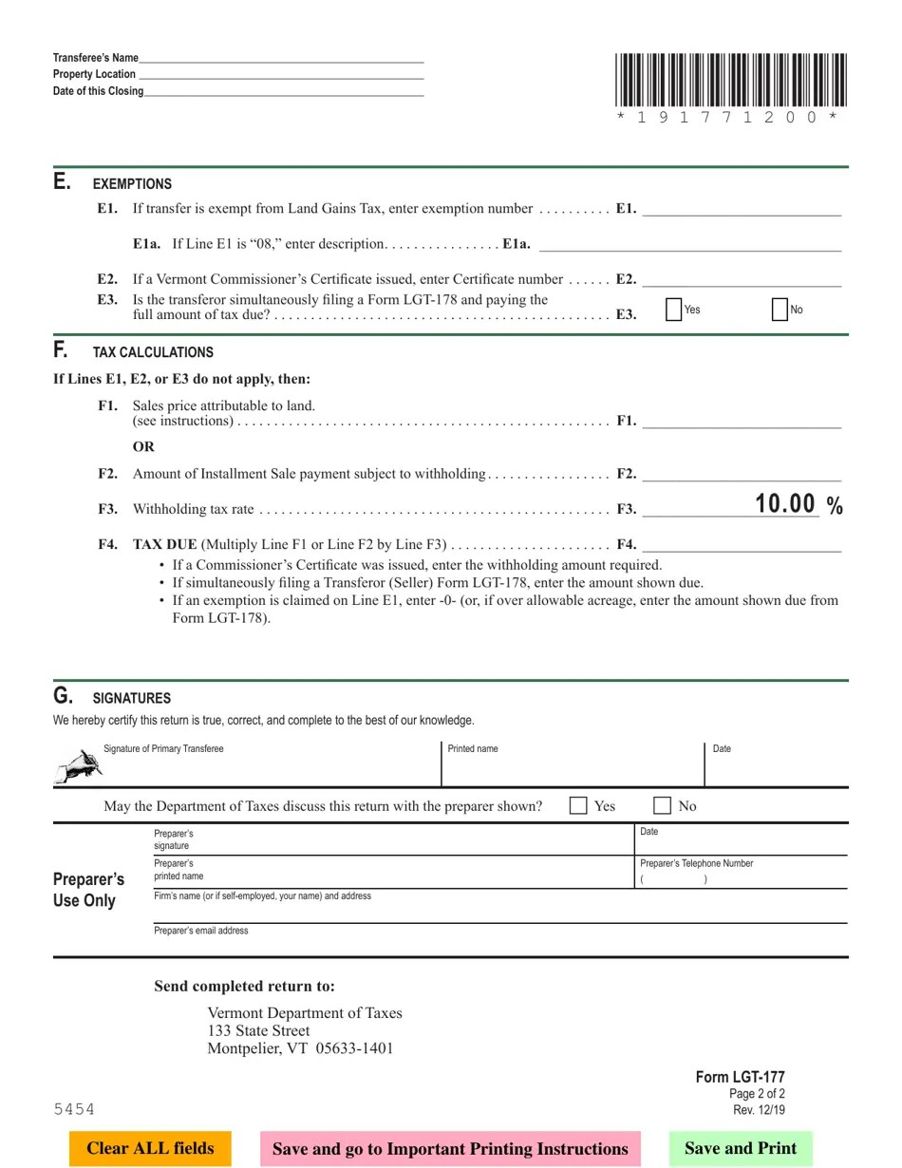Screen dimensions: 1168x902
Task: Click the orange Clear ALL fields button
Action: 150,1148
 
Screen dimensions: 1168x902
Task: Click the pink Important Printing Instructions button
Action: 450,1148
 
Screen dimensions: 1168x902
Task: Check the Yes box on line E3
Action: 674,310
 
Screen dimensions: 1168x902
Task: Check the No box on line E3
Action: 780,310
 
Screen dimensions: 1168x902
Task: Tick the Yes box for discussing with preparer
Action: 578,805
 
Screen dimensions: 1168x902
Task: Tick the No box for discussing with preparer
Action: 663,805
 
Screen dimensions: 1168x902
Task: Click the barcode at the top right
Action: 730,81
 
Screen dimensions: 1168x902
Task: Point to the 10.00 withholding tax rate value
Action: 785,504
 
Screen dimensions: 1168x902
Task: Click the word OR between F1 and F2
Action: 143,446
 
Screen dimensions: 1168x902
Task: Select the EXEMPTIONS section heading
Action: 132,184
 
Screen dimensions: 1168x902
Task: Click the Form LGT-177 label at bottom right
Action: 740,1077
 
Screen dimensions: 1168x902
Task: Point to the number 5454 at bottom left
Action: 74,1109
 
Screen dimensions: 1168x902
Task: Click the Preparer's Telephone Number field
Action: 741,878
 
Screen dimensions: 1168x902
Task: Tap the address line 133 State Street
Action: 258,1030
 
